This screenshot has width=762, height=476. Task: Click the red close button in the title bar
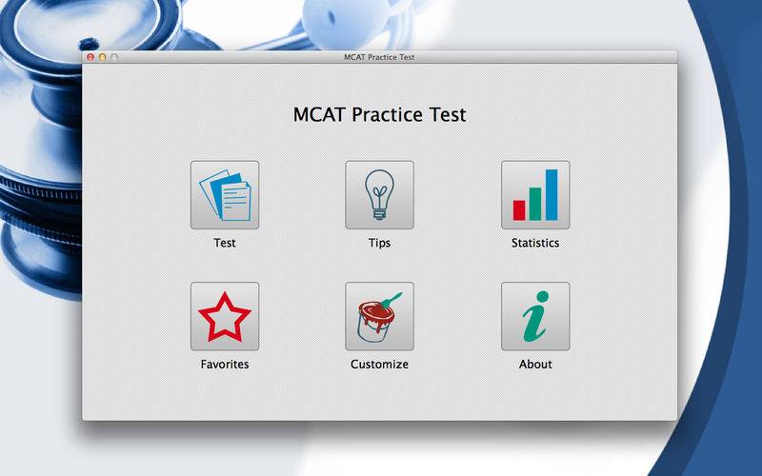coord(90,57)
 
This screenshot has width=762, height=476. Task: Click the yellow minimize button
coord(102,57)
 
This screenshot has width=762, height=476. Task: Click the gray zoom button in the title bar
coord(114,57)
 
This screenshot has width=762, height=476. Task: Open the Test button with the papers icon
coord(225,195)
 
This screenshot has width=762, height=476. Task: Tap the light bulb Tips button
coord(379,195)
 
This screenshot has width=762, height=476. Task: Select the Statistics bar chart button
coord(535,195)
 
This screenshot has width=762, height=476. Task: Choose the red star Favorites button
coord(225,316)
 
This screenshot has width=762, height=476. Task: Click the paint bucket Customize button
coord(379,316)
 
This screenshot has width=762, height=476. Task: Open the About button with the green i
coord(535,316)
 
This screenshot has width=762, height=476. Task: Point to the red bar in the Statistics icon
coord(519,210)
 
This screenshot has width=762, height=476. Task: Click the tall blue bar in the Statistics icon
coord(551,195)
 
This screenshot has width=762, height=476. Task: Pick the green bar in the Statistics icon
coord(535,204)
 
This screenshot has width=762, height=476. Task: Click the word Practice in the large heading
coord(388,115)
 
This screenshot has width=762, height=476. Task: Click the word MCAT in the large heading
coord(319,114)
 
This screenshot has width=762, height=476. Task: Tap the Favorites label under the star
coord(225,364)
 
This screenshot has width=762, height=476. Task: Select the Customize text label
coord(379,364)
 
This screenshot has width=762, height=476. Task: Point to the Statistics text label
coord(535,243)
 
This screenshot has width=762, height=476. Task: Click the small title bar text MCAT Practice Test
coord(379,57)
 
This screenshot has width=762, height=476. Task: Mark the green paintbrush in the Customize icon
coord(391,301)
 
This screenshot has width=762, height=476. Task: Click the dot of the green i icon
coord(543,296)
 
